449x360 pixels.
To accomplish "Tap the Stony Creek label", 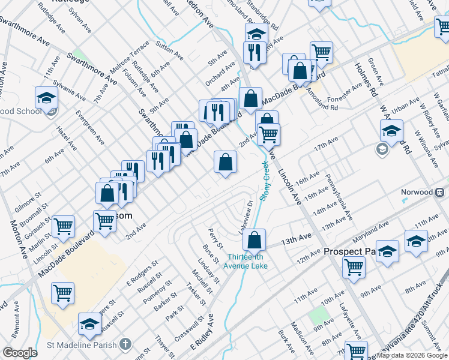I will click(264, 180).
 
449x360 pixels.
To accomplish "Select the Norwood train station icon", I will click(440, 192).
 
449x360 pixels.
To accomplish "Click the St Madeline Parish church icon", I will click(125, 344).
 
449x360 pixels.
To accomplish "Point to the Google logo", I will click(20, 353).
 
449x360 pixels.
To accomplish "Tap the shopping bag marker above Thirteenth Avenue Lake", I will click(255, 239).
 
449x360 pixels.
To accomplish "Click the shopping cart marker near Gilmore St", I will click(63, 226).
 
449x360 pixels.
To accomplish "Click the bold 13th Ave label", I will click(297, 240).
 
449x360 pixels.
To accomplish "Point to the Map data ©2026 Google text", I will click(412, 355).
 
